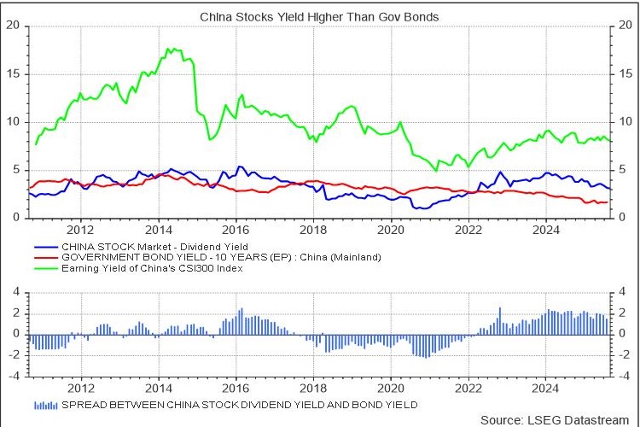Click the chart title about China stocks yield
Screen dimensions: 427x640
[320, 16]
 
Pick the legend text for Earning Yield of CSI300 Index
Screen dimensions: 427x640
[154, 268]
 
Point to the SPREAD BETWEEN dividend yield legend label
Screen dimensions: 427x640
[240, 404]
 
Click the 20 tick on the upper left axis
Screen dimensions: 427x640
[13, 25]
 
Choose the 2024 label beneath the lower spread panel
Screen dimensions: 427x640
[545, 387]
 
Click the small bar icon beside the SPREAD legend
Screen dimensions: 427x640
[46, 404]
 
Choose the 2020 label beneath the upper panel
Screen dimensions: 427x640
[390, 230]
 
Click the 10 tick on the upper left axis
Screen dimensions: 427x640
[13, 121]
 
